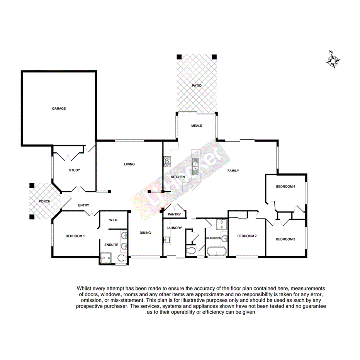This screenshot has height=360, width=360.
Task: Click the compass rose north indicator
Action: click(x=333, y=60)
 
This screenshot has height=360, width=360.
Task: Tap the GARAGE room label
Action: click(x=59, y=109)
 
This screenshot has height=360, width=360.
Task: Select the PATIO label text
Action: click(x=197, y=85)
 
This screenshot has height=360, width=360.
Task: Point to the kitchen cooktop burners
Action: click(x=168, y=161)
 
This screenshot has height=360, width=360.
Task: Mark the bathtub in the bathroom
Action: click(x=216, y=252)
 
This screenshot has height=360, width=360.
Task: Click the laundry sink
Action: click(x=166, y=240)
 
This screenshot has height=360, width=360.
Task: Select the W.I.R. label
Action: click(x=113, y=220)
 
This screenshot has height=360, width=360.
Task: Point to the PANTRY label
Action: click(x=174, y=214)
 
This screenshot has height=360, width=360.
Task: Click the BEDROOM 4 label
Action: click(x=285, y=187)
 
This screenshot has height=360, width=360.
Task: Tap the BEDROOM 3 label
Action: click(x=285, y=239)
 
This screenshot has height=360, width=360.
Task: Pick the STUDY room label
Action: click(x=74, y=170)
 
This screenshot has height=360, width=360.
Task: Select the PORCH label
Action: click(x=44, y=201)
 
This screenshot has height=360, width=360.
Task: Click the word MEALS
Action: click(x=197, y=126)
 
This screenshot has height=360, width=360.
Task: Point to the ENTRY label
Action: click(x=83, y=205)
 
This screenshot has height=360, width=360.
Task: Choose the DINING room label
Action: click(x=145, y=233)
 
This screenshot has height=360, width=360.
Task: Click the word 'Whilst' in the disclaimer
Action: click(x=85, y=288)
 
